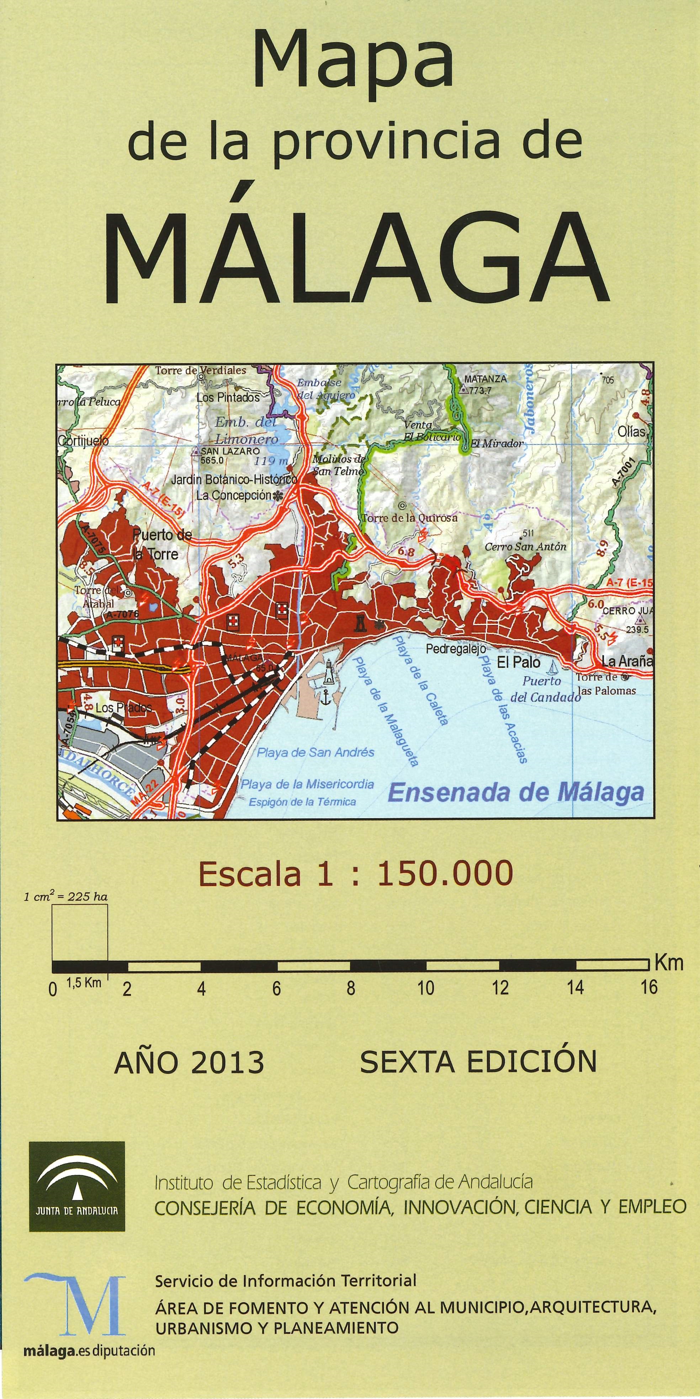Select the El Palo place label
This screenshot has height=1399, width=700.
coord(519,662)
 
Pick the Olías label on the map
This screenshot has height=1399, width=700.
coord(631,432)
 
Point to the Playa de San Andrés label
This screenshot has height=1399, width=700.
coord(315,752)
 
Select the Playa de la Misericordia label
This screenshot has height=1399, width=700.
coord(308,784)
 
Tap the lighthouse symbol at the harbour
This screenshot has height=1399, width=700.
coord(329,674)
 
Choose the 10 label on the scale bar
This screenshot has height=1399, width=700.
coord(425,988)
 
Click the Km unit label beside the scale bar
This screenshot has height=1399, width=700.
coord(668,963)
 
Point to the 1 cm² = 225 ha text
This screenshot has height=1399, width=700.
coord(66,897)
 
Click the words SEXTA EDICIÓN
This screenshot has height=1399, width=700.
coord(478,1061)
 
